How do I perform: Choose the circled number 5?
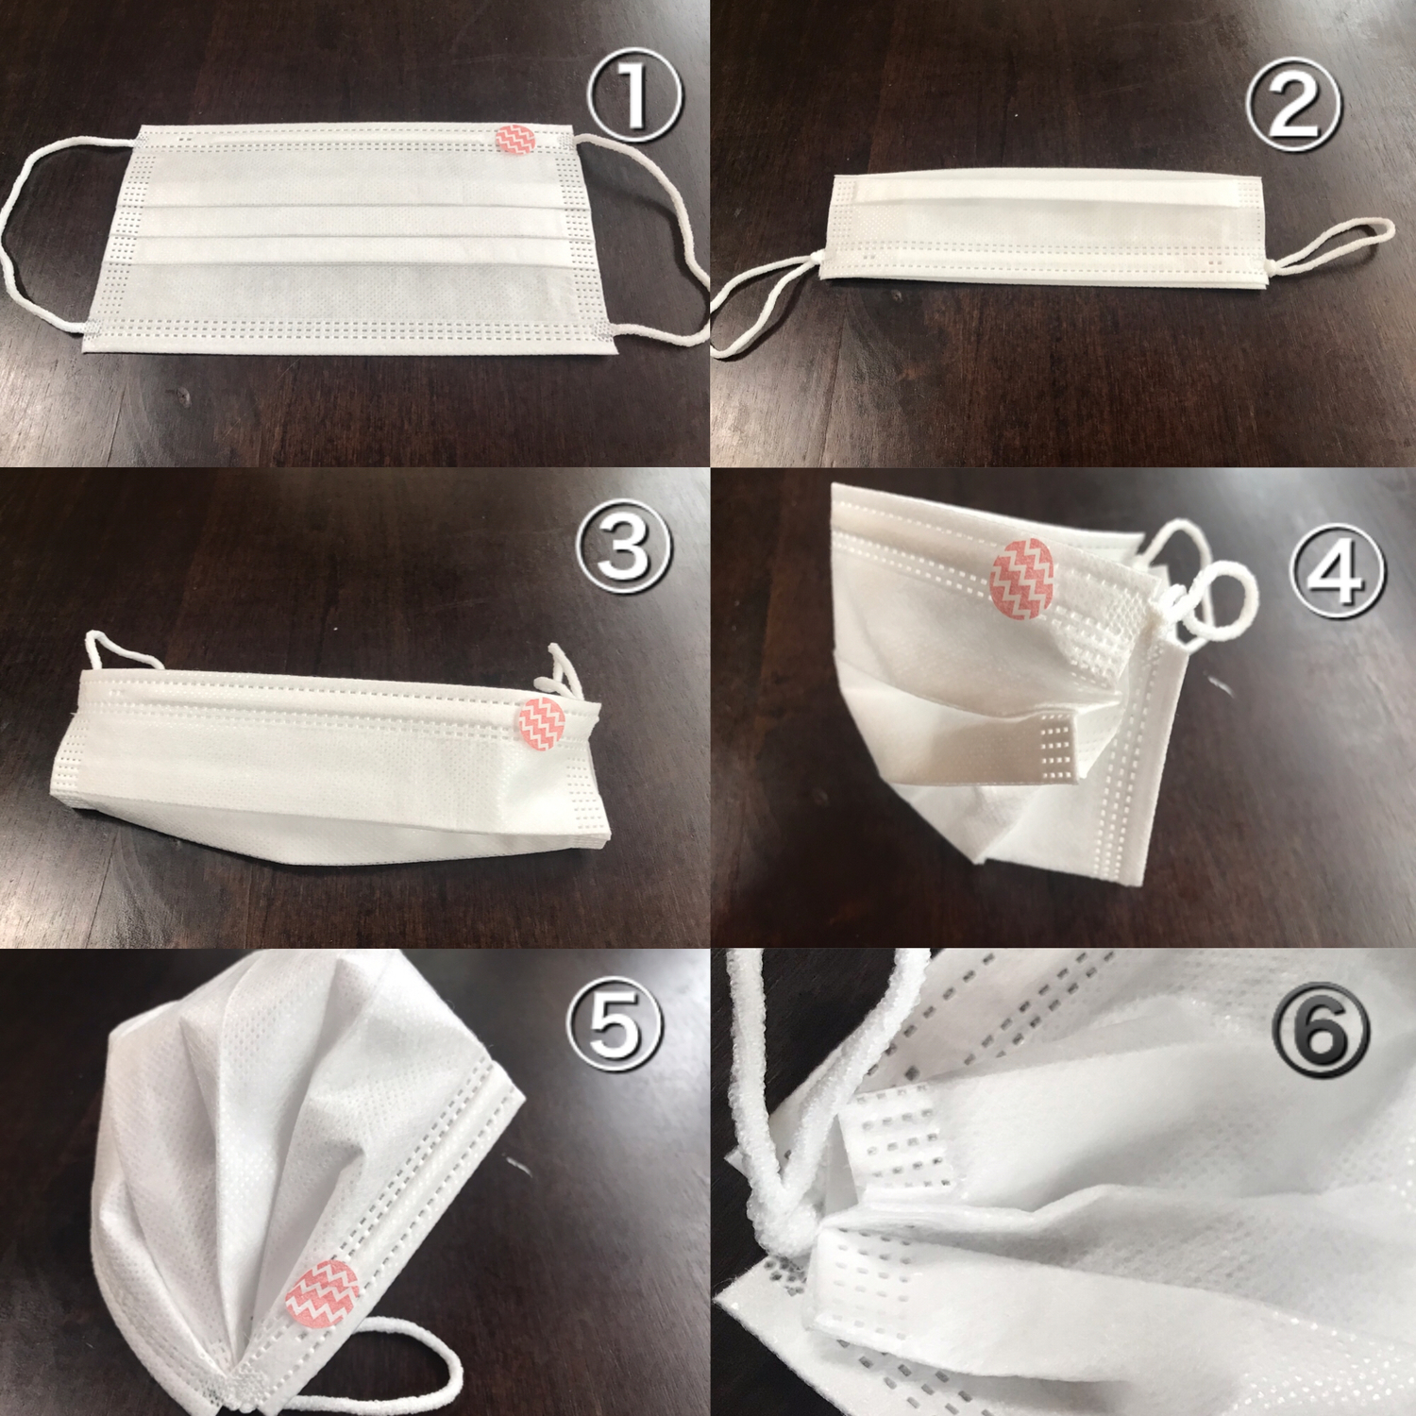[x=615, y=1025]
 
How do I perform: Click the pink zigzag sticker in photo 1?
[x=515, y=139]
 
